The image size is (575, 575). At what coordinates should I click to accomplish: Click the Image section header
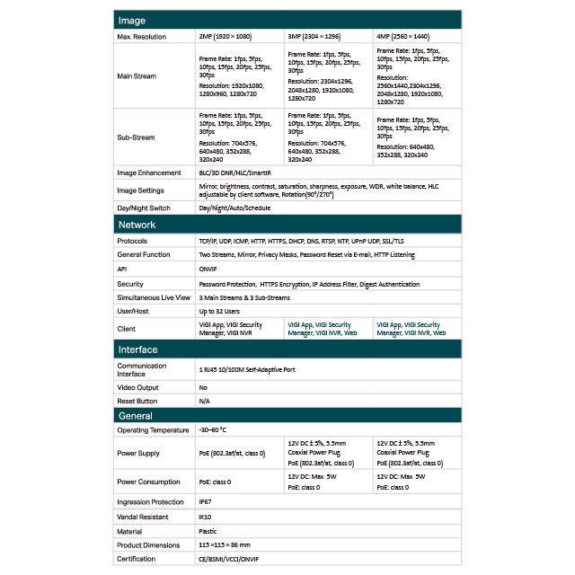tap(131, 20)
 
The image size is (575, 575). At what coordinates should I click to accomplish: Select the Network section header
tap(137, 225)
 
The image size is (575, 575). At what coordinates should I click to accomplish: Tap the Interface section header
tap(138, 349)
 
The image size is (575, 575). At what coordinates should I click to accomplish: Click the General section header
tap(136, 416)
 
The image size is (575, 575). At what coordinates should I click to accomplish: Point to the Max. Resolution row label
tap(143, 36)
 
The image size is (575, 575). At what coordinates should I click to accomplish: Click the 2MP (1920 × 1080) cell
tap(225, 36)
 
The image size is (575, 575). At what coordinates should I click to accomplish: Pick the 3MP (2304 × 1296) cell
tap(314, 36)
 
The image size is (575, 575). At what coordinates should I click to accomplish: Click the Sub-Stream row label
tap(136, 137)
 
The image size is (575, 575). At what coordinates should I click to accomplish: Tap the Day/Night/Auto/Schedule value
tap(234, 208)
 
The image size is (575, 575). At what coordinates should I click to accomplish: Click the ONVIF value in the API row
tap(208, 269)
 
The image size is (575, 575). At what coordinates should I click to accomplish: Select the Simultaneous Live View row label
tap(154, 297)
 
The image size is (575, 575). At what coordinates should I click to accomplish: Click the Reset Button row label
tap(137, 401)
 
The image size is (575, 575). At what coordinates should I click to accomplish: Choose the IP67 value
tap(206, 502)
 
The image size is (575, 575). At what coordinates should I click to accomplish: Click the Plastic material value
tap(208, 532)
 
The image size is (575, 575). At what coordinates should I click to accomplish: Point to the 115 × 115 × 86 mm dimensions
tap(224, 545)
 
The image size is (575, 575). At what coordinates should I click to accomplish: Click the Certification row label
tap(136, 559)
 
